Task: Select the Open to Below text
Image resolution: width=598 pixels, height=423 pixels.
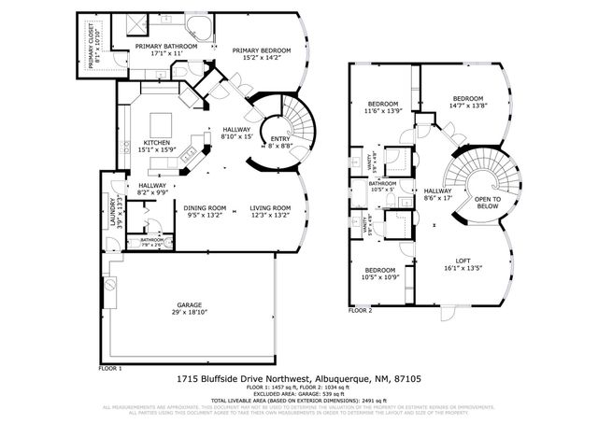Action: coord(487,203)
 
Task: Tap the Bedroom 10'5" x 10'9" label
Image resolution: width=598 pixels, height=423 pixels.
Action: coord(381,274)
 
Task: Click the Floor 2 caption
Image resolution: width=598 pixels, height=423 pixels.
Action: coord(360,309)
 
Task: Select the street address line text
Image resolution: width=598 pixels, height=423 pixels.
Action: coord(298,380)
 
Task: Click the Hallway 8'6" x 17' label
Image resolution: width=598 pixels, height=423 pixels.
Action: coord(437,193)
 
